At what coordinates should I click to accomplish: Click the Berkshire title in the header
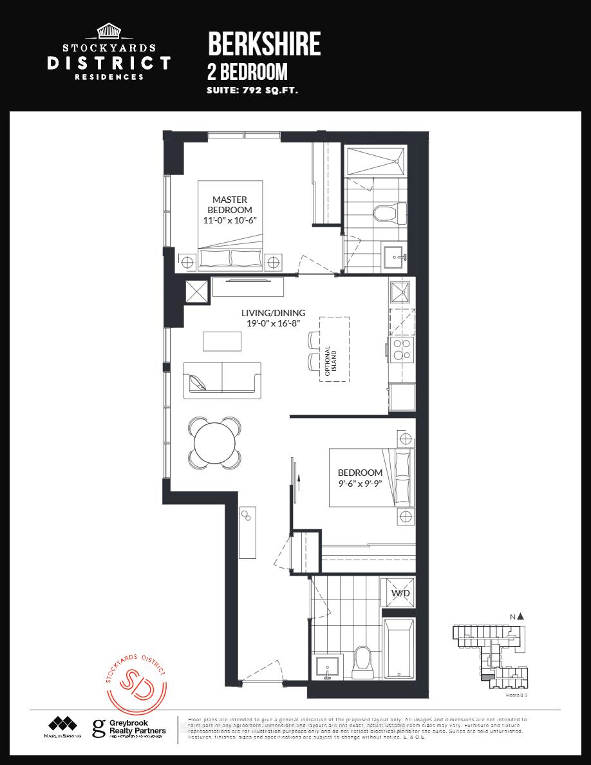pyautogui.click(x=264, y=44)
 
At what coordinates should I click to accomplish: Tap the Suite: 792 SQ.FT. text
pyautogui.click(x=252, y=91)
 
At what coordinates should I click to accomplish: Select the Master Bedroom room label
pyautogui.click(x=230, y=205)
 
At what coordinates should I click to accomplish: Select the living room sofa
pyautogui.click(x=222, y=377)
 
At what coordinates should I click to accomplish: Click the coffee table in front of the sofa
pyautogui.click(x=222, y=341)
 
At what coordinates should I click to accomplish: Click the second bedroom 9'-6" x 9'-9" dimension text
pyautogui.click(x=360, y=484)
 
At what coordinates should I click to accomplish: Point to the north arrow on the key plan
pyautogui.click(x=520, y=616)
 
